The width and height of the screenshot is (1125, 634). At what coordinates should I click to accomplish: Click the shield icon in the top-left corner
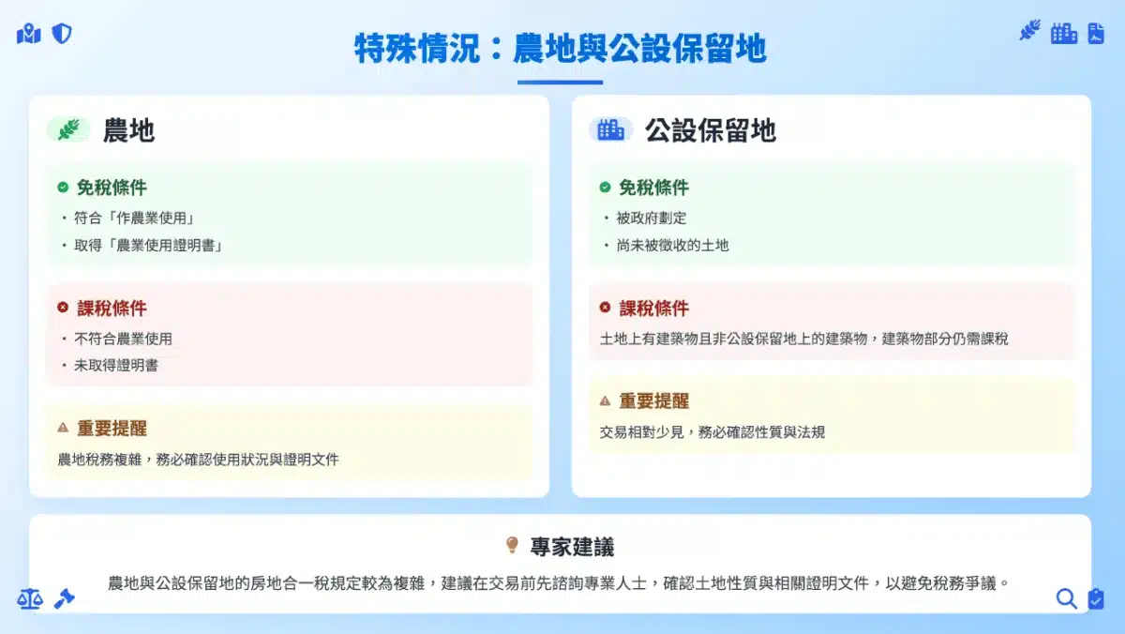(x=62, y=34)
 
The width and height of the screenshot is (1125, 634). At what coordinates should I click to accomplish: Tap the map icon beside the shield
(x=29, y=34)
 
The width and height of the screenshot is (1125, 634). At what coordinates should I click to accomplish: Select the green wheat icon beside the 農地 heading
(x=68, y=129)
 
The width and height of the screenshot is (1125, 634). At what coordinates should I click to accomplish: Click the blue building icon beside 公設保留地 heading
(x=610, y=129)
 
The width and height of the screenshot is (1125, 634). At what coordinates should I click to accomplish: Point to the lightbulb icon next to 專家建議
(x=512, y=545)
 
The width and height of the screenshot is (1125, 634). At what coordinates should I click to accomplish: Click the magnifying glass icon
(x=1066, y=599)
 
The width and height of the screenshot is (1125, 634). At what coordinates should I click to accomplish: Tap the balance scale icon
(x=30, y=599)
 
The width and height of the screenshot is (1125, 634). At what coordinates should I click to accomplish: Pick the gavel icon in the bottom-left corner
(x=65, y=599)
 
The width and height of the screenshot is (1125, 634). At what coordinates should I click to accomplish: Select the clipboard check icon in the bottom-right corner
(x=1096, y=599)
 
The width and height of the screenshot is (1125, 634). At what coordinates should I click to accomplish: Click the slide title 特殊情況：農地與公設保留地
(x=560, y=49)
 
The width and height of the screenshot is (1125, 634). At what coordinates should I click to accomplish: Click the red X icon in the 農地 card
(x=63, y=307)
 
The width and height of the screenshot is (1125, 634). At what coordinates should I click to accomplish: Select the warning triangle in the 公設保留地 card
(x=605, y=400)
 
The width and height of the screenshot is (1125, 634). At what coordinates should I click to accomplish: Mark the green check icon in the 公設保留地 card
(x=605, y=187)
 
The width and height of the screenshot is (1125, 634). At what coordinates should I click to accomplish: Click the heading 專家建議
(x=572, y=547)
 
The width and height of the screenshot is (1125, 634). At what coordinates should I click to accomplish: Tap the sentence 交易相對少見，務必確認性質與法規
(x=712, y=432)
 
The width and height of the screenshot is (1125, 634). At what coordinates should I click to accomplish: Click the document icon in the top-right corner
(x=1096, y=33)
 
